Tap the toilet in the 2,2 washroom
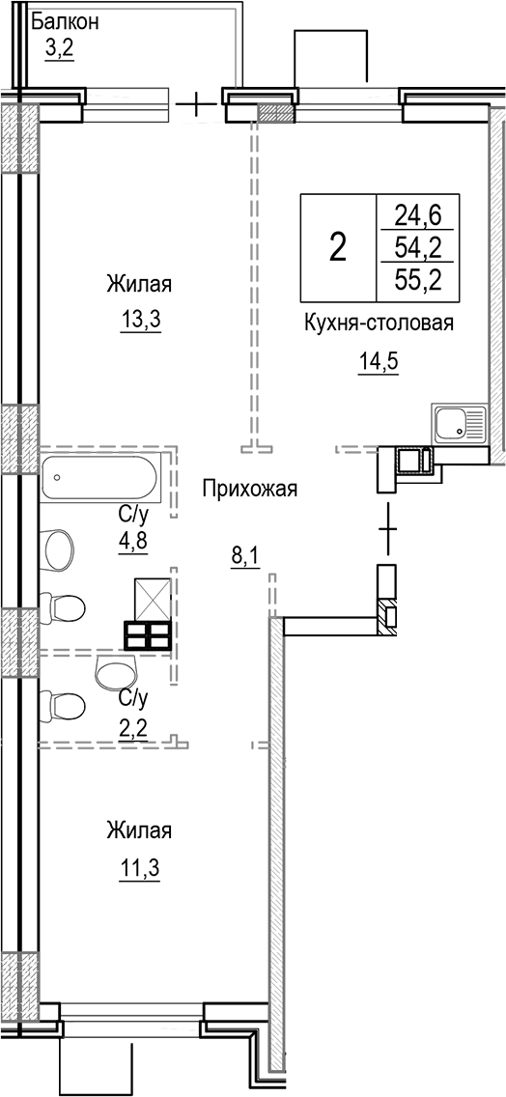pos(64,700)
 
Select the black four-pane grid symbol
pos(148,636)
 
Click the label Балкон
pos(64,20)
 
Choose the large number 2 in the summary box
pos(337,247)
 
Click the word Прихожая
pos(249,489)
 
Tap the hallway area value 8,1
pos(244,557)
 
